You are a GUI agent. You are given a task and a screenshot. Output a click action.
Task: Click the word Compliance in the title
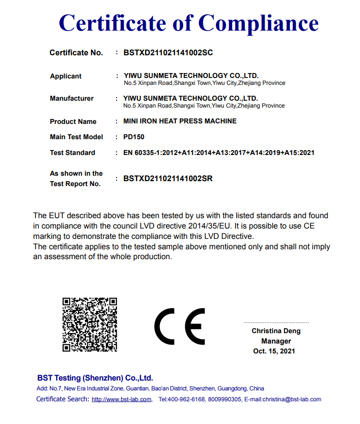pyautogui.click(x=258, y=23)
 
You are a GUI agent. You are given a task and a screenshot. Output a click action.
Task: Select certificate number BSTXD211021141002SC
pyautogui.click(x=168, y=52)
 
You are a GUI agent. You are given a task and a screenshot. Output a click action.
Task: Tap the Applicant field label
pyautogui.click(x=66, y=76)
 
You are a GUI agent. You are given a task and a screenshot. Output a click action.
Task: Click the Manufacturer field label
pyautogui.click(x=72, y=98)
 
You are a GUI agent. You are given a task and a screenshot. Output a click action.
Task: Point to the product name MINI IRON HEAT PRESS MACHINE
pyautogui.click(x=180, y=121)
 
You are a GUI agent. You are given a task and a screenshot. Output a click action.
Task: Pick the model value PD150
pyautogui.click(x=133, y=137)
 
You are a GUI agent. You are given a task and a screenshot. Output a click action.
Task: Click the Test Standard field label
pyautogui.click(x=73, y=153)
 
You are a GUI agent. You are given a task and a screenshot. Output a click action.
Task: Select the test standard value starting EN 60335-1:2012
pyautogui.click(x=219, y=153)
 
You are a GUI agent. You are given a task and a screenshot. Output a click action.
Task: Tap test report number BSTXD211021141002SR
pyautogui.click(x=168, y=179)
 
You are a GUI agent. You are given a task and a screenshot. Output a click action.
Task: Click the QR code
pyautogui.click(x=89, y=324)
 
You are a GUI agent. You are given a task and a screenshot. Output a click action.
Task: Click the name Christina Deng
pyautogui.click(x=276, y=331)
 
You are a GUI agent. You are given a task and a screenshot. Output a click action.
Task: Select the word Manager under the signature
pyautogui.click(x=276, y=341)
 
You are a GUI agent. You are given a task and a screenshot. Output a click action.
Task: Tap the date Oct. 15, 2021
pyautogui.click(x=274, y=351)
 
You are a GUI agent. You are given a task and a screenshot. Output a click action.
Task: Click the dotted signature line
pyautogui.click(x=276, y=322)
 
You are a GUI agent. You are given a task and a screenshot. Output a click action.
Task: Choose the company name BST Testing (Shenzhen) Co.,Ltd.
pyautogui.click(x=95, y=378)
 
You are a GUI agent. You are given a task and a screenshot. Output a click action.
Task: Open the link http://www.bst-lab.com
pyautogui.click(x=121, y=399)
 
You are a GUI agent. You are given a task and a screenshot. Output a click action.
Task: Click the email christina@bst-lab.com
pyautogui.click(x=292, y=399)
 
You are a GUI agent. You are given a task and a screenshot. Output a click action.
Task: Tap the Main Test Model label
pyautogui.click(x=77, y=137)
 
